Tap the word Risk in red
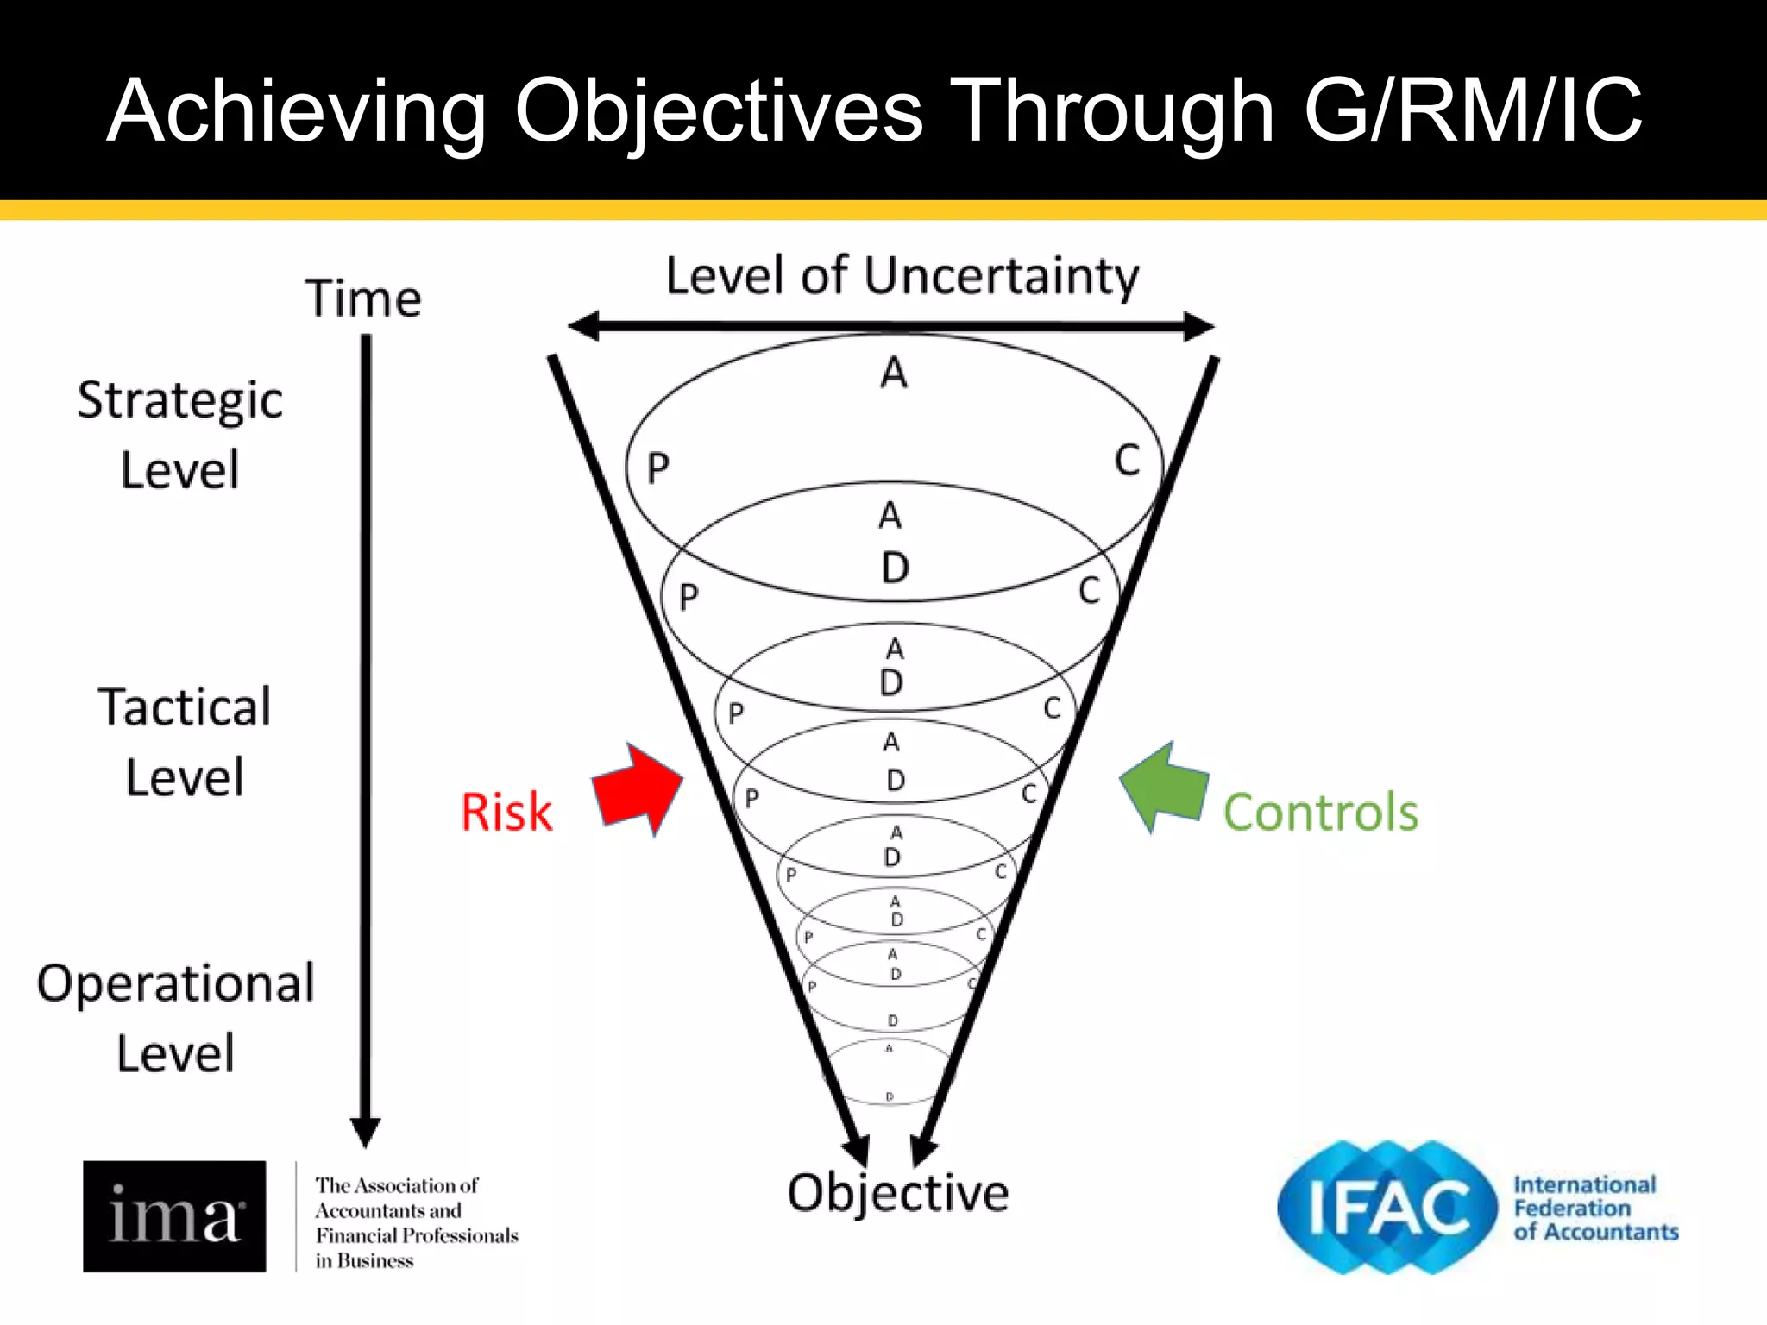pyautogui.click(x=506, y=813)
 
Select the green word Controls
pyautogui.click(x=1320, y=813)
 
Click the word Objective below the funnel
pyautogui.click(x=897, y=1194)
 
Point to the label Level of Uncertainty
pyautogui.click(x=902, y=277)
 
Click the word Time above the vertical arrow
pyautogui.click(x=363, y=299)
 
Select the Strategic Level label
pyautogui.click(x=179, y=435)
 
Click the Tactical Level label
pyautogui.click(x=185, y=742)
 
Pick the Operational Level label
pyautogui.click(x=176, y=1018)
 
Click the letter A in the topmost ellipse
pyautogui.click(x=894, y=374)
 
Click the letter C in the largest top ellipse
pyautogui.click(x=1127, y=461)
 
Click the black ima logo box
pyautogui.click(x=174, y=1215)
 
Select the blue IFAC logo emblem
pyautogui.click(x=1386, y=1208)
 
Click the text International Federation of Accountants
pyautogui.click(x=1594, y=1209)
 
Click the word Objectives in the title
pyautogui.click(x=719, y=110)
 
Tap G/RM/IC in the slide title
pyautogui.click(x=1472, y=110)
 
